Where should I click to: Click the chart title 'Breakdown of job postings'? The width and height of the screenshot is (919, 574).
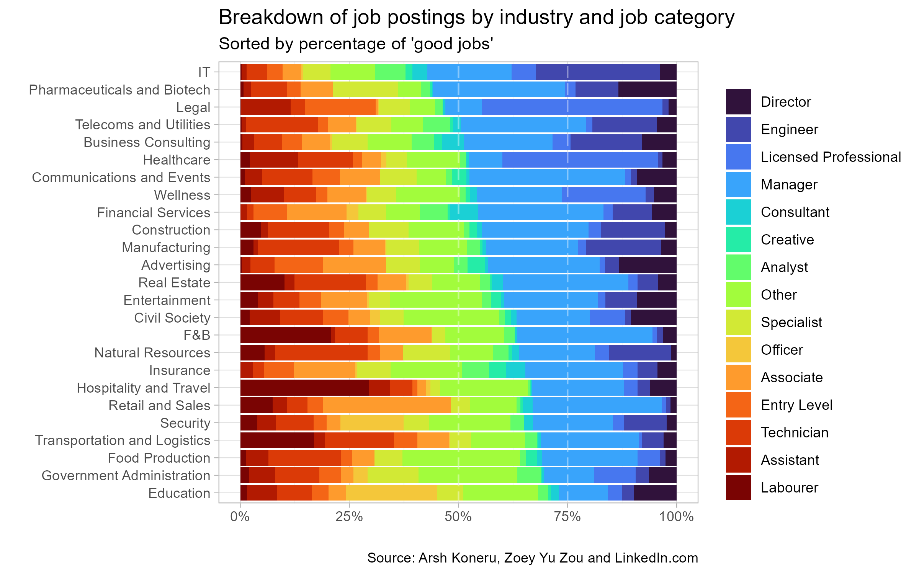click(x=476, y=18)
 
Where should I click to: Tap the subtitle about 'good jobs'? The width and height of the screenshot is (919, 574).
click(x=356, y=44)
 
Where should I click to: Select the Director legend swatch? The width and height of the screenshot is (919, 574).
click(x=738, y=102)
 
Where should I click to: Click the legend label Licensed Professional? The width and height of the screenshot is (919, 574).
click(x=831, y=157)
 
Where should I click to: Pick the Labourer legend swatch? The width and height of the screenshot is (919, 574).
click(x=738, y=488)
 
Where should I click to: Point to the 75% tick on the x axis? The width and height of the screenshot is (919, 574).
click(x=567, y=517)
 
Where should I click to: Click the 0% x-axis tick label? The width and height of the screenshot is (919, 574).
click(x=240, y=517)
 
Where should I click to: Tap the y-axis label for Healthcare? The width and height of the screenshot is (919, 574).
click(x=177, y=160)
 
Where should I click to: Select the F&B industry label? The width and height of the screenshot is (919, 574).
click(x=197, y=335)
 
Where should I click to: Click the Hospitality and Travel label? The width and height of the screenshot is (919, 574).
click(x=144, y=388)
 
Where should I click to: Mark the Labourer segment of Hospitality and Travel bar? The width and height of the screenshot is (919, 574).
click(x=304, y=388)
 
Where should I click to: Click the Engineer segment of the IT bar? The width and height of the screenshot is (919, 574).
click(x=597, y=72)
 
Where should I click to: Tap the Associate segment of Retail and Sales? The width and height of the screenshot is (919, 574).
click(x=387, y=406)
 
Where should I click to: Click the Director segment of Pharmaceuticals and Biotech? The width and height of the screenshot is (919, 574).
click(x=647, y=90)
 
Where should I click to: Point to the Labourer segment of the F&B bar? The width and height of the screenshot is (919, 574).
click(x=285, y=335)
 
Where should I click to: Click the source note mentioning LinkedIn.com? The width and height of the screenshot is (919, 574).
click(x=532, y=558)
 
